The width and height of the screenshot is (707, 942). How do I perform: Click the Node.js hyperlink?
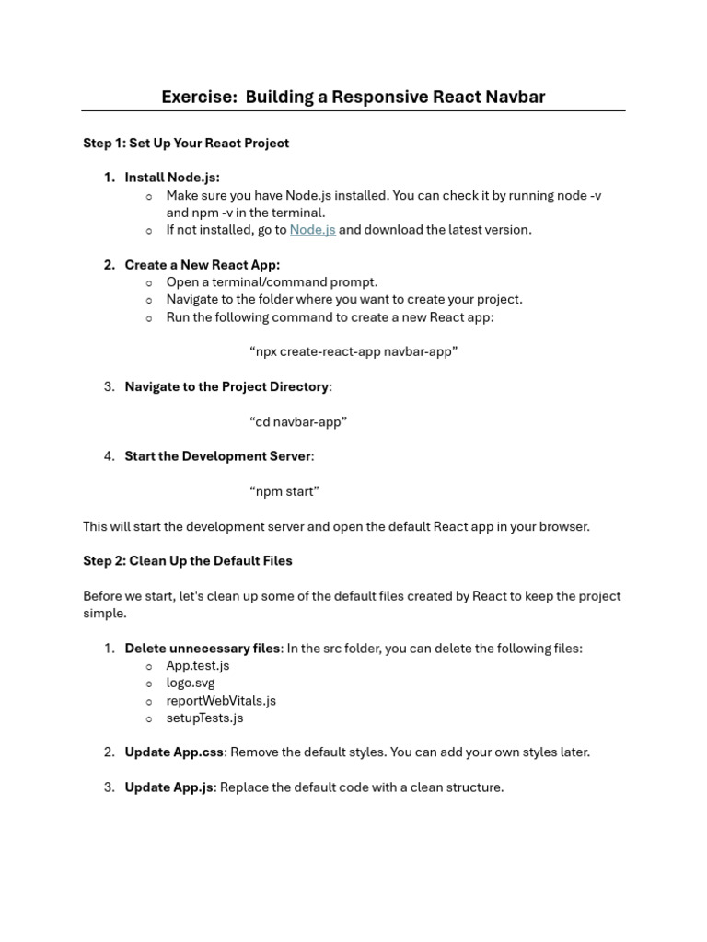point(312,230)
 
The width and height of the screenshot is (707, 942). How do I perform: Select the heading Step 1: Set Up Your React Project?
point(186,143)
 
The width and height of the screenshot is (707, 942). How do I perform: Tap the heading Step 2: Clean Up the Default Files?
point(188,560)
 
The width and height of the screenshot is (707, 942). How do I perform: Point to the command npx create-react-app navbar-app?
point(353,351)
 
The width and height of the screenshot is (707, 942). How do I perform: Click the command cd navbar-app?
point(298,421)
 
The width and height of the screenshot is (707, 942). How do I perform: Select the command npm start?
point(284,491)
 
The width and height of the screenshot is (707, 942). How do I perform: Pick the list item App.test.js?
point(198,665)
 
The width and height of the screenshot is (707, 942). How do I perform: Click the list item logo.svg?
point(191,683)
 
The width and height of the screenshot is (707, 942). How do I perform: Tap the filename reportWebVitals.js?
point(221,700)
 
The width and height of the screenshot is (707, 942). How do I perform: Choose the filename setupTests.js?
point(204,718)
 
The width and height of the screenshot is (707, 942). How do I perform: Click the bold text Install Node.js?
point(172,178)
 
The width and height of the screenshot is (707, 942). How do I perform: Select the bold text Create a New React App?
point(203,265)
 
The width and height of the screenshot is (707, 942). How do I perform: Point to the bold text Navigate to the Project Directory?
point(226,386)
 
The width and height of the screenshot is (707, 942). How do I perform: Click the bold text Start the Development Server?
point(218,456)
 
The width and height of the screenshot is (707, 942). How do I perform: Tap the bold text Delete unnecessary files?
point(203,649)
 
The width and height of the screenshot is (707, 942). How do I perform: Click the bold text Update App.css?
point(174,752)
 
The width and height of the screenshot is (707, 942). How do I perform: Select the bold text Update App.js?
point(169,787)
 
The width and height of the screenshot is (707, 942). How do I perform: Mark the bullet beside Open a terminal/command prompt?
point(149,282)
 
